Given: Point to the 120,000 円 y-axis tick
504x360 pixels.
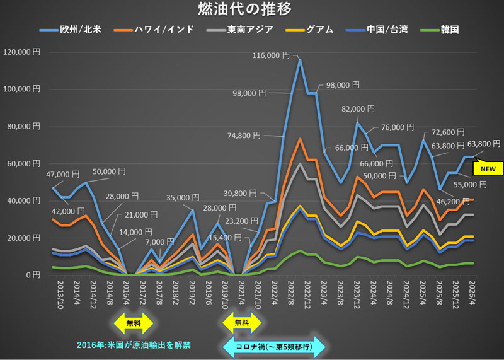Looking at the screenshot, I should coord(21,52).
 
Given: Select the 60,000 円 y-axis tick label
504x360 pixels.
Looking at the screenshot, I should coord(23,164).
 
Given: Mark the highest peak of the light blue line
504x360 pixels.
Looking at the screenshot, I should coord(300,60).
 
